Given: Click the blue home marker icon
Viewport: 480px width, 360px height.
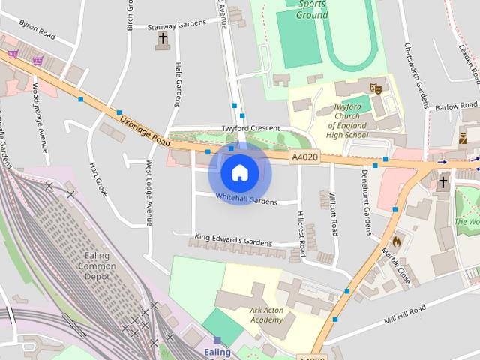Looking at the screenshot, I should point(239,172).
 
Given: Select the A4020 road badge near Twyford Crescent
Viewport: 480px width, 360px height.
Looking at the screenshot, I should point(304,157).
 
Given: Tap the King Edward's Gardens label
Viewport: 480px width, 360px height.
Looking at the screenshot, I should point(232,241).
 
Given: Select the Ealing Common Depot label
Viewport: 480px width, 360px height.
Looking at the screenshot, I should point(98,266).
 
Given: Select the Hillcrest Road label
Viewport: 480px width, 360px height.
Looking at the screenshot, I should point(300,233).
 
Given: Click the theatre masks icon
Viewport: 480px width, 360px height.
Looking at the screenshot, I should point(376,88).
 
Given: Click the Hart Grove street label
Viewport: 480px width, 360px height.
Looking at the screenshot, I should point(97,179).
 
